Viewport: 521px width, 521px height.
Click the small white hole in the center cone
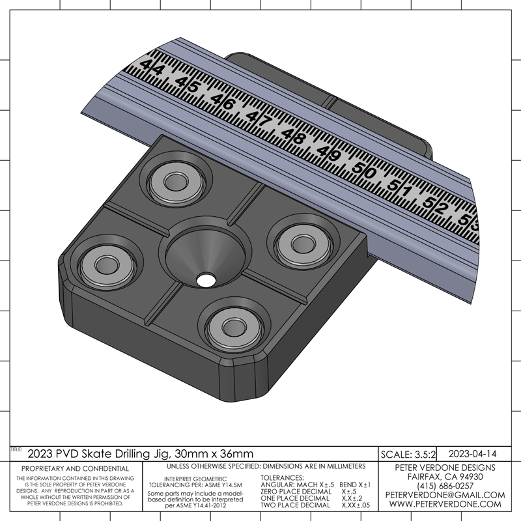(206, 280)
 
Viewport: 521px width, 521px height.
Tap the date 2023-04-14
(473, 454)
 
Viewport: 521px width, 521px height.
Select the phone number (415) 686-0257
(445, 486)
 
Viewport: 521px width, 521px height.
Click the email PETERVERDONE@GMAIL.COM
(445, 495)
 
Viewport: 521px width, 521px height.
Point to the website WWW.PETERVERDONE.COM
(445, 503)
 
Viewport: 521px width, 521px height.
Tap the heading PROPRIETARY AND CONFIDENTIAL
(75, 468)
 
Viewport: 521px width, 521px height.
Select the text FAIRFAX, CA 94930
(445, 477)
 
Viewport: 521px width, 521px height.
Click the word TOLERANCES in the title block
(282, 478)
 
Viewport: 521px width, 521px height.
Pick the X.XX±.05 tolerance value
(356, 505)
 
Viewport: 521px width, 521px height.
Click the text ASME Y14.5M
(223, 485)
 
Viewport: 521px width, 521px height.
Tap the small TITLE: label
(16, 449)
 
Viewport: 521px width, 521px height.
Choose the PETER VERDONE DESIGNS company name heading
(445, 468)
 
